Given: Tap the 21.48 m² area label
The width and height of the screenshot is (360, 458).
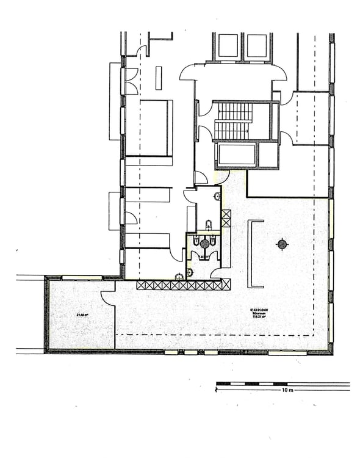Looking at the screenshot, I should point(82,314).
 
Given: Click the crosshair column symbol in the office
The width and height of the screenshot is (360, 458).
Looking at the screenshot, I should point(282,245).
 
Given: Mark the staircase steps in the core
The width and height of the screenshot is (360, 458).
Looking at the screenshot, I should point(233,121).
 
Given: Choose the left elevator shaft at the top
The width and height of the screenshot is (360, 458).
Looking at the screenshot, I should point(228,46).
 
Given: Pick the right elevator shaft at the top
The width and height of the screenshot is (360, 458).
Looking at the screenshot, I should point(257,46).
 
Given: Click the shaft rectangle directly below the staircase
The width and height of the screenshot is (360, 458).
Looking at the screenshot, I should point(236,155).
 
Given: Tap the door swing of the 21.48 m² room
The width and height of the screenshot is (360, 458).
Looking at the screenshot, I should point(108,297).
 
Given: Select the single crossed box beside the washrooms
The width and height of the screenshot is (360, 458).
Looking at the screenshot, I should point(226,218).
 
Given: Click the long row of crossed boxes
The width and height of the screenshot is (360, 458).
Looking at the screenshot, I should point(183,285).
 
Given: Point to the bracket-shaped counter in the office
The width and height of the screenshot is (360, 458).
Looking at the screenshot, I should point(255,253).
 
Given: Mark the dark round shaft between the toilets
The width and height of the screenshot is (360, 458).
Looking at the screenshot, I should point(204,244).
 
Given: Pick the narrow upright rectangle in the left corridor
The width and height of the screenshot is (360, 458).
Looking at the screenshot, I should point(159,78).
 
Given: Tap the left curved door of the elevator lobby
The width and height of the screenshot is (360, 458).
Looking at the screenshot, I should point(187,73).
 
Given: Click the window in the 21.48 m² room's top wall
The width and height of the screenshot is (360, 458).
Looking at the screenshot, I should point(82,278).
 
